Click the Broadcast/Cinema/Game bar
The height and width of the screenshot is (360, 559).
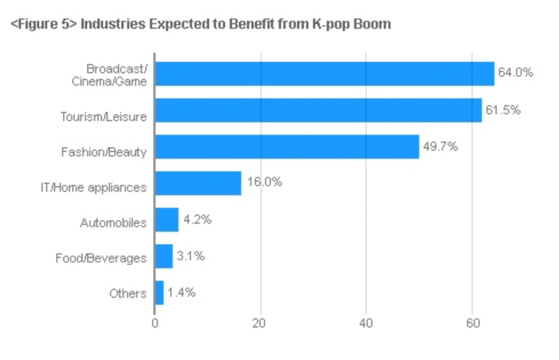pyautogui.click(x=324, y=74)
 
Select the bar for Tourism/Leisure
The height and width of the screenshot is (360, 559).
pyautogui.click(x=318, y=110)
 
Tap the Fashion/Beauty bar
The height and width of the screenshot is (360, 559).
pyautogui.click(x=287, y=146)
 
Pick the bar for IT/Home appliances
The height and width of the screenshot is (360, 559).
pyautogui.click(x=198, y=183)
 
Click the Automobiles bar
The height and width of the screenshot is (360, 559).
pyautogui.click(x=167, y=220)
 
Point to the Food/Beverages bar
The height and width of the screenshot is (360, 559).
pyautogui.click(x=164, y=256)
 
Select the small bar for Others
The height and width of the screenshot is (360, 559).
pyautogui.click(x=159, y=293)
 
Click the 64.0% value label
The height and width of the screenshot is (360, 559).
pyautogui.click(x=515, y=73)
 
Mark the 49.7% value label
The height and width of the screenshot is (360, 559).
pyautogui.click(x=440, y=146)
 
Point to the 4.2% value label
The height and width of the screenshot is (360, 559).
pyautogui.click(x=197, y=220)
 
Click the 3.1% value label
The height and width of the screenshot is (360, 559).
pyautogui.click(x=191, y=256)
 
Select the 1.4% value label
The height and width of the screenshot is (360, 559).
pyautogui.click(x=181, y=293)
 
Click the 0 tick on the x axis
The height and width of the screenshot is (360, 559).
pyautogui.click(x=155, y=323)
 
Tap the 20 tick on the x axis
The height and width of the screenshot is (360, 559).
pyautogui.click(x=261, y=323)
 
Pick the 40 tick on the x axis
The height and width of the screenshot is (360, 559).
pyautogui.click(x=366, y=323)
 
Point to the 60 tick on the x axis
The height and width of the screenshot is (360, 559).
pyautogui.click(x=472, y=323)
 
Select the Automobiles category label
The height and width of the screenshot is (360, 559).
pyautogui.click(x=113, y=223)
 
